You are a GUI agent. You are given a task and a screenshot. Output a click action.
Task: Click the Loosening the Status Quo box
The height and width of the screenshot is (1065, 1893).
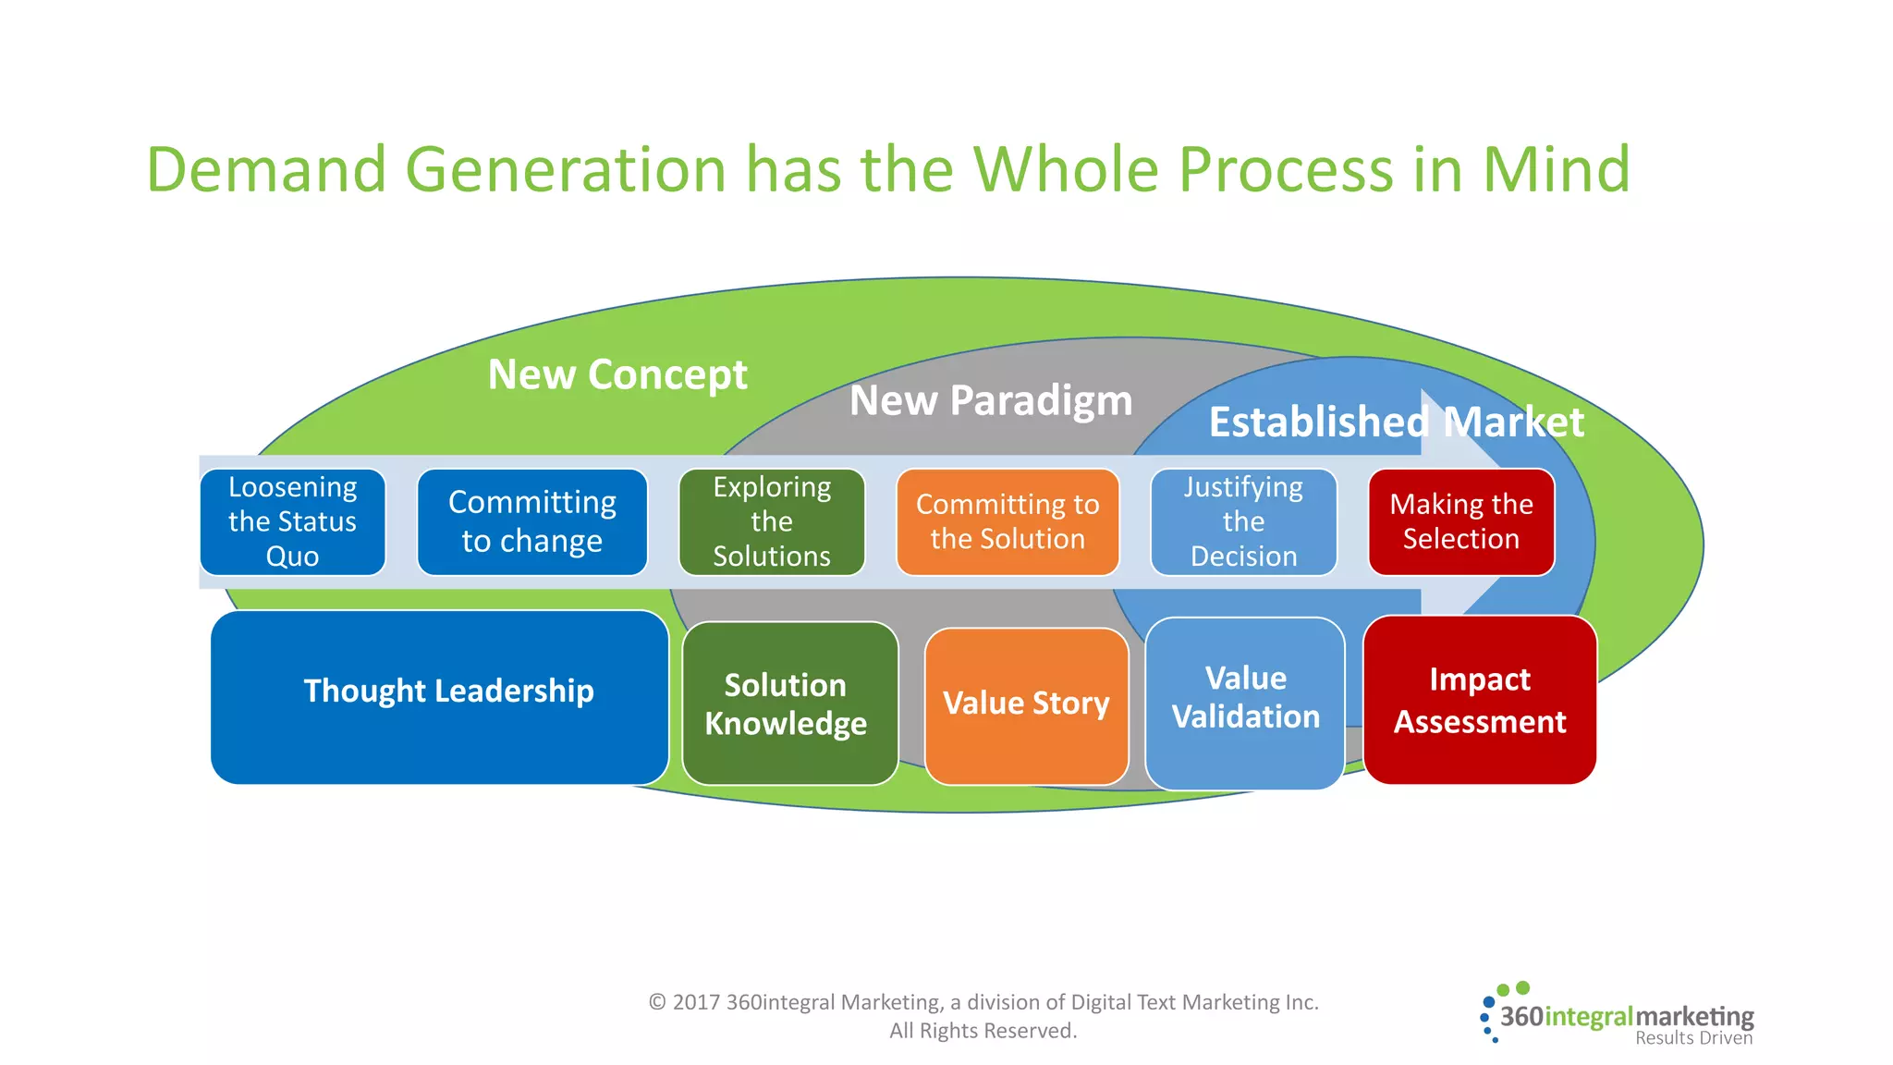click(292, 522)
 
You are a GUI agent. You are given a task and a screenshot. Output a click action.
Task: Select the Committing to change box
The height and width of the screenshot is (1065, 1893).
click(531, 522)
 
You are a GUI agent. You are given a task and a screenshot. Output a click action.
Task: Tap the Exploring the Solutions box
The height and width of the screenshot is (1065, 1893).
click(772, 522)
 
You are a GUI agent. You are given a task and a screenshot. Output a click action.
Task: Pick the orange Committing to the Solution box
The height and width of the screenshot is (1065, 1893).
click(1008, 522)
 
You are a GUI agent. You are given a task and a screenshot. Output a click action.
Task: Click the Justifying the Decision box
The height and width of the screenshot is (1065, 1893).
click(1243, 522)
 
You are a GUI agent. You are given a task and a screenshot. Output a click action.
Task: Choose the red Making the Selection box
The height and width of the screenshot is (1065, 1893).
click(1461, 522)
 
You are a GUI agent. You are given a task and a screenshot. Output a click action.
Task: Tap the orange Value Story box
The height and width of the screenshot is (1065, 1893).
click(1026, 705)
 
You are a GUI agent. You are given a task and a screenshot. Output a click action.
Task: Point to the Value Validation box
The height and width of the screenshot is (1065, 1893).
click(1245, 702)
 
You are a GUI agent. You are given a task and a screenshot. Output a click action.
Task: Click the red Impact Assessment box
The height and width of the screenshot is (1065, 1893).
click(1480, 701)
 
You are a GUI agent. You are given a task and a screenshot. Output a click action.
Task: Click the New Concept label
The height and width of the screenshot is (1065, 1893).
click(617, 375)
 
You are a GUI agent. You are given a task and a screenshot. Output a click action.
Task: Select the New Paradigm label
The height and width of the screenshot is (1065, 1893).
click(991, 401)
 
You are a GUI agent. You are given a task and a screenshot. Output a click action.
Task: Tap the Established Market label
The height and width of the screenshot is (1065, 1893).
click(1396, 422)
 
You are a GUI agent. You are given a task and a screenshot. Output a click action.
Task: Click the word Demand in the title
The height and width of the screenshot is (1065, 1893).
click(266, 170)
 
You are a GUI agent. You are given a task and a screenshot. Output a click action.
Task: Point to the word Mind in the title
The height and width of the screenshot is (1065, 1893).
click(1557, 170)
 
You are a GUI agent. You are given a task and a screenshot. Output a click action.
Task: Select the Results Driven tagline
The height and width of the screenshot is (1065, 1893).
click(1693, 1038)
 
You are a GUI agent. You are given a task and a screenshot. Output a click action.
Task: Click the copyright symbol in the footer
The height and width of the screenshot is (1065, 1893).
click(657, 1002)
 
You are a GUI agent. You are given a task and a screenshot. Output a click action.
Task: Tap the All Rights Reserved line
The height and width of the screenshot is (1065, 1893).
click(983, 1031)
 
